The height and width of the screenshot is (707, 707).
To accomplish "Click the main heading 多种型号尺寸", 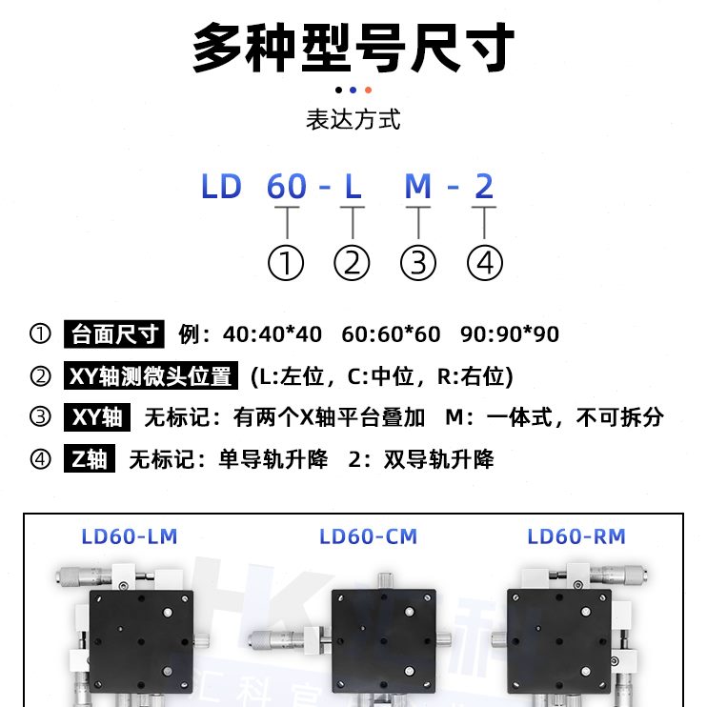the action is click(353, 47).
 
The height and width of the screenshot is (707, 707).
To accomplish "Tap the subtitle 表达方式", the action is click(353, 120).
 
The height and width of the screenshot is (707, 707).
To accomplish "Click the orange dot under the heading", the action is click(368, 91).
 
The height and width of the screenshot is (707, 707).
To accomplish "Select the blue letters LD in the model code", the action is click(221, 187).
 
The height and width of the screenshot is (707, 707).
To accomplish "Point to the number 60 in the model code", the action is click(287, 187).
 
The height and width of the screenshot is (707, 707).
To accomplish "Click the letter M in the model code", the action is click(418, 187).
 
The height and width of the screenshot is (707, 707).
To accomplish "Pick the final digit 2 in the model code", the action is click(484, 187).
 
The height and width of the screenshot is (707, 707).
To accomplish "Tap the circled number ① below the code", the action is click(286, 262).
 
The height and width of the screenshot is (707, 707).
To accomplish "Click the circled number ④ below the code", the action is click(485, 262).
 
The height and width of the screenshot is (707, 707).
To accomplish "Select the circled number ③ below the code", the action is click(418, 262).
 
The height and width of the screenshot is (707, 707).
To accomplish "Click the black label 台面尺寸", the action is click(113, 334).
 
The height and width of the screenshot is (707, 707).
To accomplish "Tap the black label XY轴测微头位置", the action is click(151, 376).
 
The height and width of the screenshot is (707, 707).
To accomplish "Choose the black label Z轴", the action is click(90, 460).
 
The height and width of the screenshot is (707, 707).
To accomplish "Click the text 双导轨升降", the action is click(439, 460).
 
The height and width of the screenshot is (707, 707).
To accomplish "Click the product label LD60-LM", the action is click(130, 537).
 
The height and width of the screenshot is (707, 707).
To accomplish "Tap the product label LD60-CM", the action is click(368, 537).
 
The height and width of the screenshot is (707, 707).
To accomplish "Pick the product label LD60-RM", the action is click(576, 537).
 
